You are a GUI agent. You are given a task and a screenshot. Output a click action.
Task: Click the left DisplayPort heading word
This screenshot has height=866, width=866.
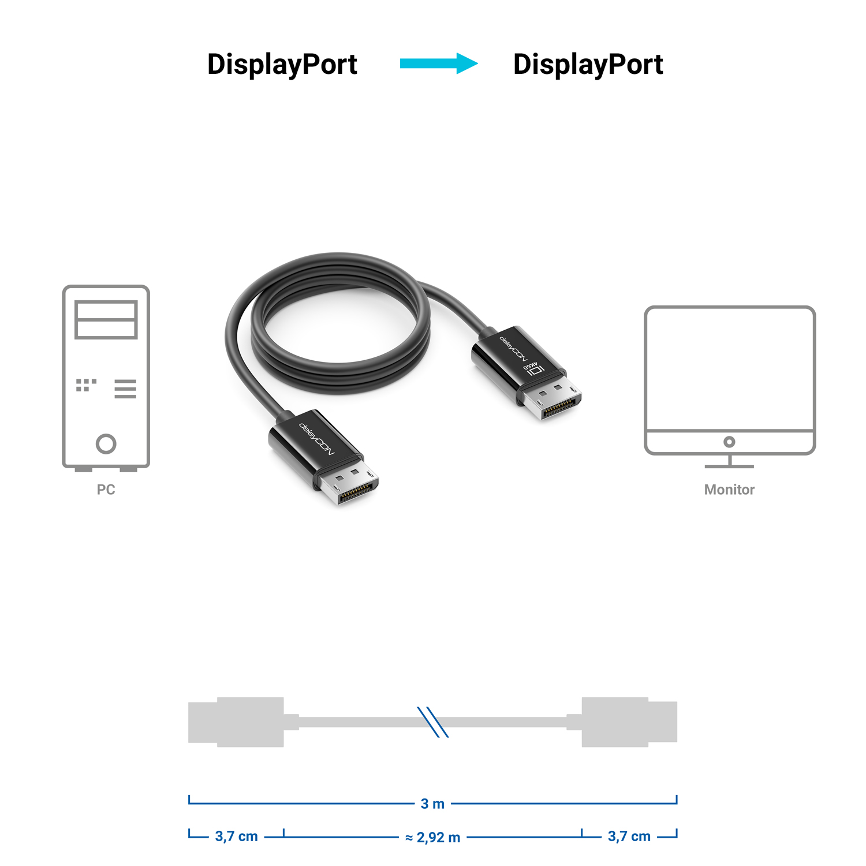pos(282,65)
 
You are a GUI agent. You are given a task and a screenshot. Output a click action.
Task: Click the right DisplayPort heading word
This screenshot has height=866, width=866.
pos(588,65)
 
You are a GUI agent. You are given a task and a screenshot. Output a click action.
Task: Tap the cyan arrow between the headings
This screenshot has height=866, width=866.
pos(439,64)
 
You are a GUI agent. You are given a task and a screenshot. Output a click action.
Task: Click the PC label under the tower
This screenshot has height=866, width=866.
pos(106,490)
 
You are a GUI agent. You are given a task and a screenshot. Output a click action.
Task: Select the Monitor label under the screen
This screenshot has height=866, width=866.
pos(729,490)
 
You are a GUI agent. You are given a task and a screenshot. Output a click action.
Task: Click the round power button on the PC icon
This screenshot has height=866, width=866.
pos(106,444)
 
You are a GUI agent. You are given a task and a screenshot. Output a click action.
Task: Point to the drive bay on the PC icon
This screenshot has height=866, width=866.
pos(106,319)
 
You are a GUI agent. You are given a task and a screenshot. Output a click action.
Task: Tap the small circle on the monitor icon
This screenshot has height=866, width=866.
pos(729,442)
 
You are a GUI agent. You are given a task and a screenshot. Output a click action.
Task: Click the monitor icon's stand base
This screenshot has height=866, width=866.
pos(730,465)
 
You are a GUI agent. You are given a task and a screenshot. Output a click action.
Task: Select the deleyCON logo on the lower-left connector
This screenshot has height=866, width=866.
pos(316,439)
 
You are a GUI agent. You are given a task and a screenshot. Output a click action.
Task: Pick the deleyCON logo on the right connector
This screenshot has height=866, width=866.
pos(514,349)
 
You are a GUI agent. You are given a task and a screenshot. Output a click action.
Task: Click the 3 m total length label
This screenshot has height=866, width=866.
pos(432,804)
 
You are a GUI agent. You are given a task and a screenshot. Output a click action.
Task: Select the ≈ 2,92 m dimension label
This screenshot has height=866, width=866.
pos(433,837)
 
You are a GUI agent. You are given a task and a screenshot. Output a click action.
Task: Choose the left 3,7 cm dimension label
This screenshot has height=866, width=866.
pos(236,836)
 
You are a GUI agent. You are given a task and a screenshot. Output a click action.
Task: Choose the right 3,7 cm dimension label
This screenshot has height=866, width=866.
pos(629,836)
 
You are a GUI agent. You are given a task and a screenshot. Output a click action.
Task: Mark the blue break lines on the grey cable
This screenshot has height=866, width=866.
pos(433,722)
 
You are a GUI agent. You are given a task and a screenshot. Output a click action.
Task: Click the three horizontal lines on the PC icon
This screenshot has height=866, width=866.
pos(125,389)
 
